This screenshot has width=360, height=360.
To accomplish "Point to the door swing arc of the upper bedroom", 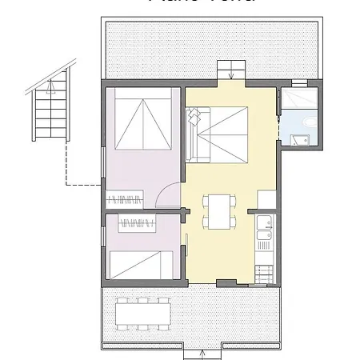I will tap(168, 194).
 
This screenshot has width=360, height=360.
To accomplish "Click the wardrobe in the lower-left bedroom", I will tap(137, 223).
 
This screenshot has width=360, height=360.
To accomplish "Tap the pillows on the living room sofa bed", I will tap(192, 127).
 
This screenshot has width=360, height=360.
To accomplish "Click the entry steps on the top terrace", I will tap(230, 67).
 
